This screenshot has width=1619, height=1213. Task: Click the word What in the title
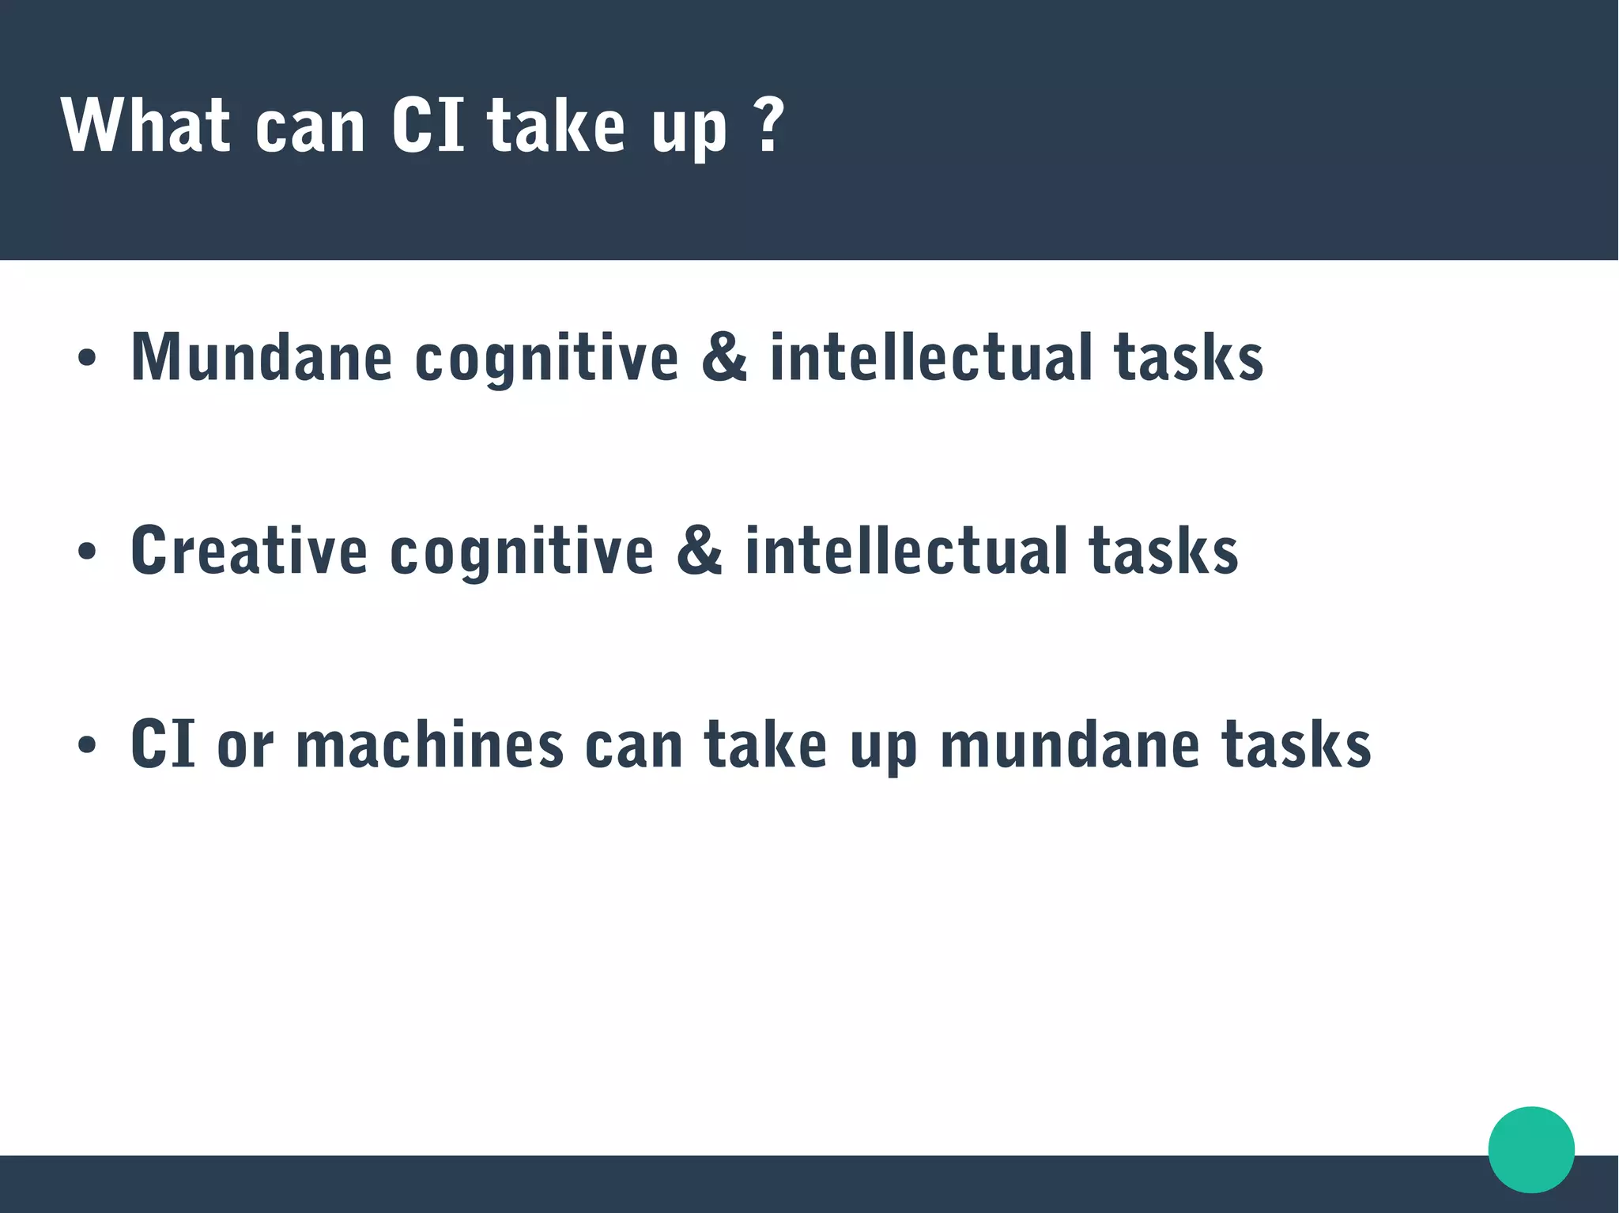(x=145, y=126)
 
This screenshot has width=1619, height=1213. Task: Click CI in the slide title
(x=428, y=126)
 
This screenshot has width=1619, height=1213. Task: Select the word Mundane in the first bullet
(x=262, y=357)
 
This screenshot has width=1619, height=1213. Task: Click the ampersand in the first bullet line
(x=723, y=357)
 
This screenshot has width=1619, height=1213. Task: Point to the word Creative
(x=249, y=551)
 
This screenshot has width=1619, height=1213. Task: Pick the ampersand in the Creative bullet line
(x=699, y=551)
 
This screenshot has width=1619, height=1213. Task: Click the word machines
(x=429, y=744)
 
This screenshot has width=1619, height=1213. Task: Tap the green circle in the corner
(x=1530, y=1149)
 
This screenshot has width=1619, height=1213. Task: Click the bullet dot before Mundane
(x=87, y=358)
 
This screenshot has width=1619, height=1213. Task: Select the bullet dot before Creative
(x=87, y=552)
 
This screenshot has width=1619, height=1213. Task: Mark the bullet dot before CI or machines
(x=87, y=745)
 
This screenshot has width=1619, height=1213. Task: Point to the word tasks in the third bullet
(x=1296, y=744)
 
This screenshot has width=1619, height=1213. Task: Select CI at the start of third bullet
(x=163, y=744)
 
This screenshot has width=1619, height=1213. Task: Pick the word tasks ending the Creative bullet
(x=1163, y=551)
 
